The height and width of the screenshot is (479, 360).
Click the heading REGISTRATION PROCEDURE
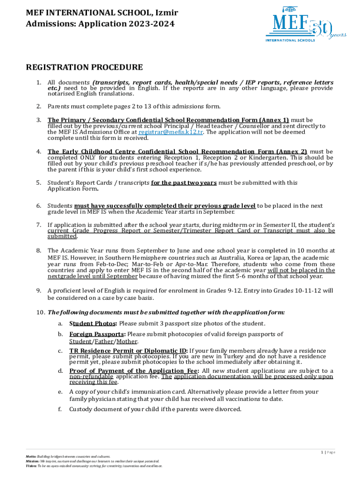pos(84,67)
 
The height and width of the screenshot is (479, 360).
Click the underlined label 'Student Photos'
pos(93,324)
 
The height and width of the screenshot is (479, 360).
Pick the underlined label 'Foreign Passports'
pos(97,334)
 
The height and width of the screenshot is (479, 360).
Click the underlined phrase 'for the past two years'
pos(184,183)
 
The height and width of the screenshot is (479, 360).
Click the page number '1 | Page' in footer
pos(328,452)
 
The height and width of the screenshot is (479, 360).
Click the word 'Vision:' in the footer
pos(31,466)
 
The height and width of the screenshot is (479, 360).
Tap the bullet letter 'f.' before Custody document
pos(60,409)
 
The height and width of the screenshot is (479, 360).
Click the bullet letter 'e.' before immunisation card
pos(60,392)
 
